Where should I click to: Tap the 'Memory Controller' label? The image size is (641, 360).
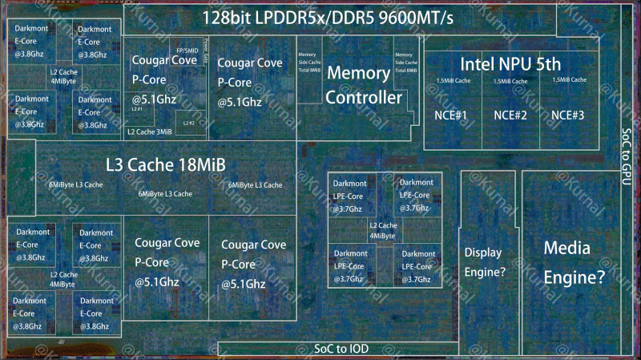[364, 85]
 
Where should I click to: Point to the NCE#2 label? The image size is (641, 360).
[510, 115]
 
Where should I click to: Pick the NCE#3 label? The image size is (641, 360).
[568, 115]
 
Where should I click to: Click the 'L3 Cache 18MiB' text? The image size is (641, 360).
[166, 165]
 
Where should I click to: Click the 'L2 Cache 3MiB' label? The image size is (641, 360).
[150, 131]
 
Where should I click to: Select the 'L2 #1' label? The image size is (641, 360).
[138, 109]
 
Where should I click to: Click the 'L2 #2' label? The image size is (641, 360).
[188, 123]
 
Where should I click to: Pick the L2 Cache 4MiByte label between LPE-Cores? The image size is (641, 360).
[383, 231]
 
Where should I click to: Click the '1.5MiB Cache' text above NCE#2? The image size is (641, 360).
[510, 80]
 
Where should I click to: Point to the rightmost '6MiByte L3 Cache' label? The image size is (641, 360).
[255, 185]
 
